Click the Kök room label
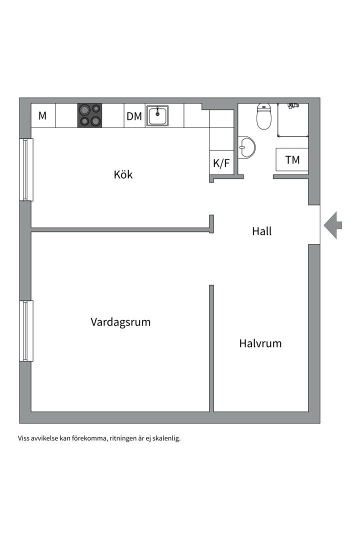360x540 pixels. click(x=123, y=174)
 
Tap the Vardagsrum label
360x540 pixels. click(x=120, y=321)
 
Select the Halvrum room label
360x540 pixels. click(x=260, y=343)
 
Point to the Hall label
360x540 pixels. click(x=261, y=231)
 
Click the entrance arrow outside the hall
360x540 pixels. click(x=333, y=225)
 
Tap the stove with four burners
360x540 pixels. click(x=89, y=115)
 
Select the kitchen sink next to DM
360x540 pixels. click(x=157, y=115)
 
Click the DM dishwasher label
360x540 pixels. click(x=134, y=116)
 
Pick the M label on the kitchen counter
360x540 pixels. click(x=42, y=116)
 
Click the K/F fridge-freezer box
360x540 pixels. click(x=221, y=162)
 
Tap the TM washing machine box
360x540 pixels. click(x=292, y=160)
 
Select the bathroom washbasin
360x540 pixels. click(x=246, y=147)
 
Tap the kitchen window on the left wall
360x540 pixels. click(x=26, y=169)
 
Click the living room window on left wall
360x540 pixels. click(x=26, y=330)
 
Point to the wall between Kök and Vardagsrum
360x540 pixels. click(x=120, y=230)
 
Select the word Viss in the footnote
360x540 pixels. click(x=24, y=438)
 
